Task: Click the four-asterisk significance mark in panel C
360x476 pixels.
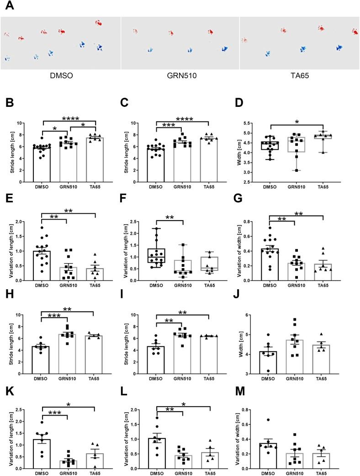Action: (181, 120)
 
